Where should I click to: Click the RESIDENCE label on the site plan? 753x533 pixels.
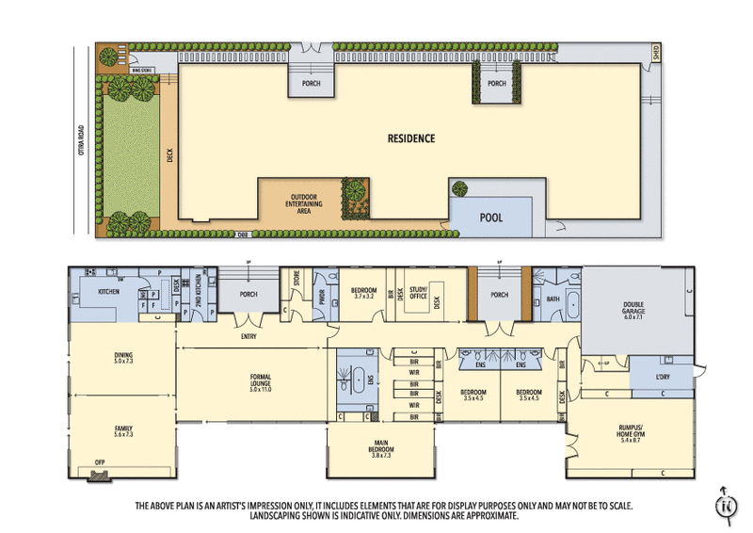pyautogui.click(x=411, y=138)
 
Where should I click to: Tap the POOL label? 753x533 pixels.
pyautogui.click(x=491, y=218)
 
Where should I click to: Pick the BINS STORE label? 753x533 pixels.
pyautogui.click(x=142, y=69)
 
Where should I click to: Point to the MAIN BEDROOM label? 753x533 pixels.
pyautogui.click(x=381, y=451)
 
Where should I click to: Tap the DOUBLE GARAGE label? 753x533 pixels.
pyautogui.click(x=633, y=308)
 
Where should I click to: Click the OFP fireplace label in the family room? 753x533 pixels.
pyautogui.click(x=99, y=462)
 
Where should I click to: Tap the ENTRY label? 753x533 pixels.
pyautogui.click(x=248, y=336)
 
